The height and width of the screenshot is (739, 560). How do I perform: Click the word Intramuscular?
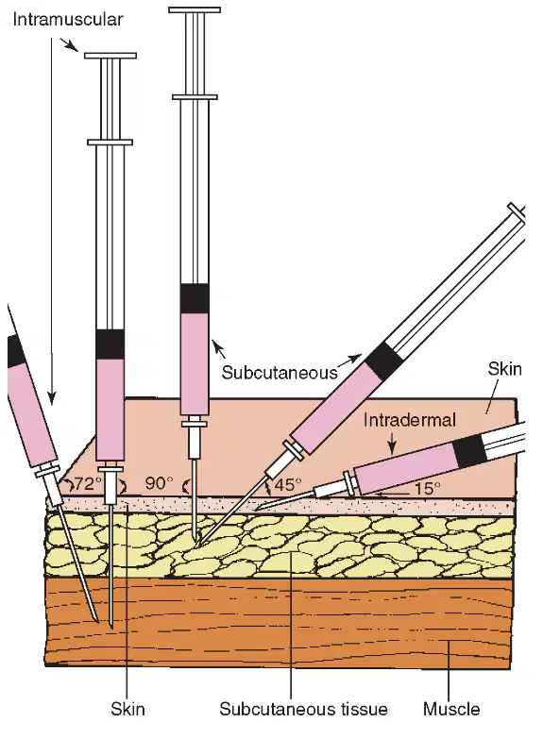click(x=67, y=20)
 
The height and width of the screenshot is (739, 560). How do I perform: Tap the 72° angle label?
click(x=89, y=483)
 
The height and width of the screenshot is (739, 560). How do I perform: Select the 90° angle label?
click(x=159, y=483)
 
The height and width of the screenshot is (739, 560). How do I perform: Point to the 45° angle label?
click(x=288, y=485)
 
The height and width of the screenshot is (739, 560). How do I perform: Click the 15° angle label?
click(x=428, y=488)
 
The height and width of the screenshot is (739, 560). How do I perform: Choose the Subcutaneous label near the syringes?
click(x=280, y=372)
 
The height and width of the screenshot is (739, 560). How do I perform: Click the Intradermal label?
click(x=410, y=420)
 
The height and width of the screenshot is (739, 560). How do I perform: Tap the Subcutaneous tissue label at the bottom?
click(x=303, y=709)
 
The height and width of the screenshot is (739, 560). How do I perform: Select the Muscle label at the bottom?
click(x=451, y=709)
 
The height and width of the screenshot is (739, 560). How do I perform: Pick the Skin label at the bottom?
click(x=127, y=709)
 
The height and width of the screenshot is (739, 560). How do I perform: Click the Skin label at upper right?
click(x=505, y=369)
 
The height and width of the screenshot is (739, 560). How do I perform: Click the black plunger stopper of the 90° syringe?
click(x=195, y=299)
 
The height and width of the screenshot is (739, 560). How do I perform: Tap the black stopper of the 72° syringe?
click(x=110, y=344)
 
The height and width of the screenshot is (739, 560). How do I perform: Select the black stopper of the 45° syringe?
click(x=384, y=361)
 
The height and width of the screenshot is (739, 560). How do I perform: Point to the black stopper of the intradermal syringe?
click(x=470, y=451)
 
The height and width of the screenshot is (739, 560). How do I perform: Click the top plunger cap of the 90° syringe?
click(x=195, y=9)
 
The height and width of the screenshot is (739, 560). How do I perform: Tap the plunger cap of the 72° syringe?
click(x=110, y=56)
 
